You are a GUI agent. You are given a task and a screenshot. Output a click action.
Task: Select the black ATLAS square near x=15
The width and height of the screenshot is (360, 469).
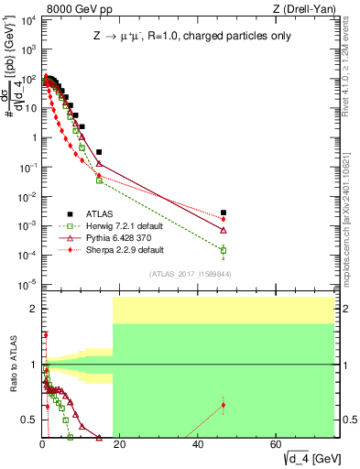click(x=99, y=152)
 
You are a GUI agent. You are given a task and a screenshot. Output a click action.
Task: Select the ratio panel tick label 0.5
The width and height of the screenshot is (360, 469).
click(x=27, y=420)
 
